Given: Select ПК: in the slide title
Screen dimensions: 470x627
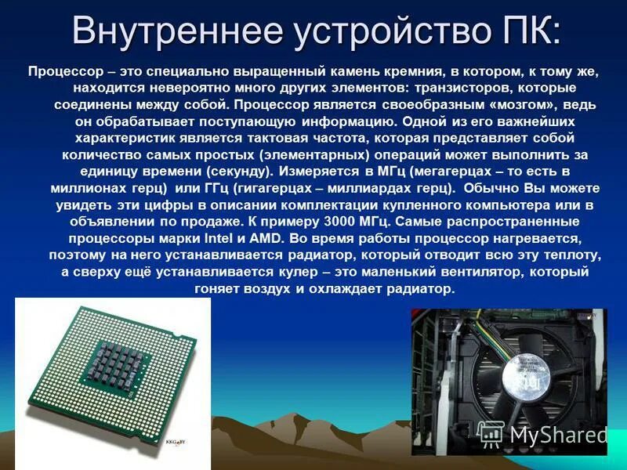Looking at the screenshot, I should click(524, 31).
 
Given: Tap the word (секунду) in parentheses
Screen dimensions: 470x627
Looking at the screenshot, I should click(241, 171).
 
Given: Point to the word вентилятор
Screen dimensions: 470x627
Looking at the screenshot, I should click(480, 272).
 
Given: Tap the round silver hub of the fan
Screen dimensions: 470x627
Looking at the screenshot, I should click(527, 382).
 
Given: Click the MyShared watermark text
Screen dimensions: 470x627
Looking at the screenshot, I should click(558, 435).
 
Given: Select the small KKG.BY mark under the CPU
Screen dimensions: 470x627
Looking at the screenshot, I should click(177, 442).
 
